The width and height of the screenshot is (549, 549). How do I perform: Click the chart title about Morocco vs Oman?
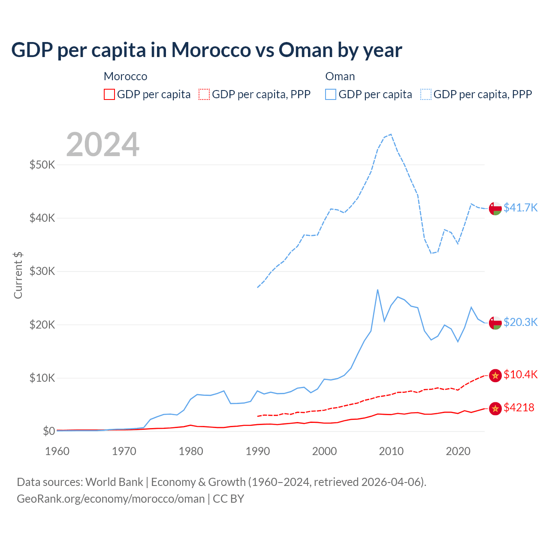(x=206, y=50)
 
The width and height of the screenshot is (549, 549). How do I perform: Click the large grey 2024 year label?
(x=103, y=145)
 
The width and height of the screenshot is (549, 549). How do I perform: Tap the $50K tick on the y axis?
(x=42, y=165)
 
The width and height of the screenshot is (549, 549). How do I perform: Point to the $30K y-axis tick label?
(x=42, y=271)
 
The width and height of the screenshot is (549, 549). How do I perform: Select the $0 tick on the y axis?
(x=48, y=431)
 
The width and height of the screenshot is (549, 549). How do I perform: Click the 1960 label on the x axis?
(x=57, y=451)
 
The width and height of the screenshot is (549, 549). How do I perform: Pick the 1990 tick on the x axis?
(x=258, y=451)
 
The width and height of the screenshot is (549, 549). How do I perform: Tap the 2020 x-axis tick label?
(x=458, y=451)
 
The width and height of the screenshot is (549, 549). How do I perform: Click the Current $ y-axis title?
(x=18, y=275)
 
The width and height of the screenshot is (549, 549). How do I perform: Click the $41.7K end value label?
(x=520, y=208)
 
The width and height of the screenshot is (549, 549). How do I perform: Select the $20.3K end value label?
(x=520, y=322)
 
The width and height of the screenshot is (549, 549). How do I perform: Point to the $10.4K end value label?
(x=520, y=374)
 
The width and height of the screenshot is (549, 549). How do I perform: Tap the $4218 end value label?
(x=519, y=407)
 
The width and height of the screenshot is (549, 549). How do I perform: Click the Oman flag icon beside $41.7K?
(x=495, y=208)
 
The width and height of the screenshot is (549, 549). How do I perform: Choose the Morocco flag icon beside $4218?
(x=495, y=409)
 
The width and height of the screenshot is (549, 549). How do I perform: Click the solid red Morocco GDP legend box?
(x=109, y=94)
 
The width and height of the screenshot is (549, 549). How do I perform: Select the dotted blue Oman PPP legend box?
(x=426, y=94)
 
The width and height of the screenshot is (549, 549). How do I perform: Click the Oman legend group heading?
(x=340, y=76)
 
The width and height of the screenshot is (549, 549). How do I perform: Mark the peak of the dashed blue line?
(x=391, y=134)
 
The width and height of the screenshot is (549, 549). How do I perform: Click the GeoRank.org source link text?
(x=111, y=499)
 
